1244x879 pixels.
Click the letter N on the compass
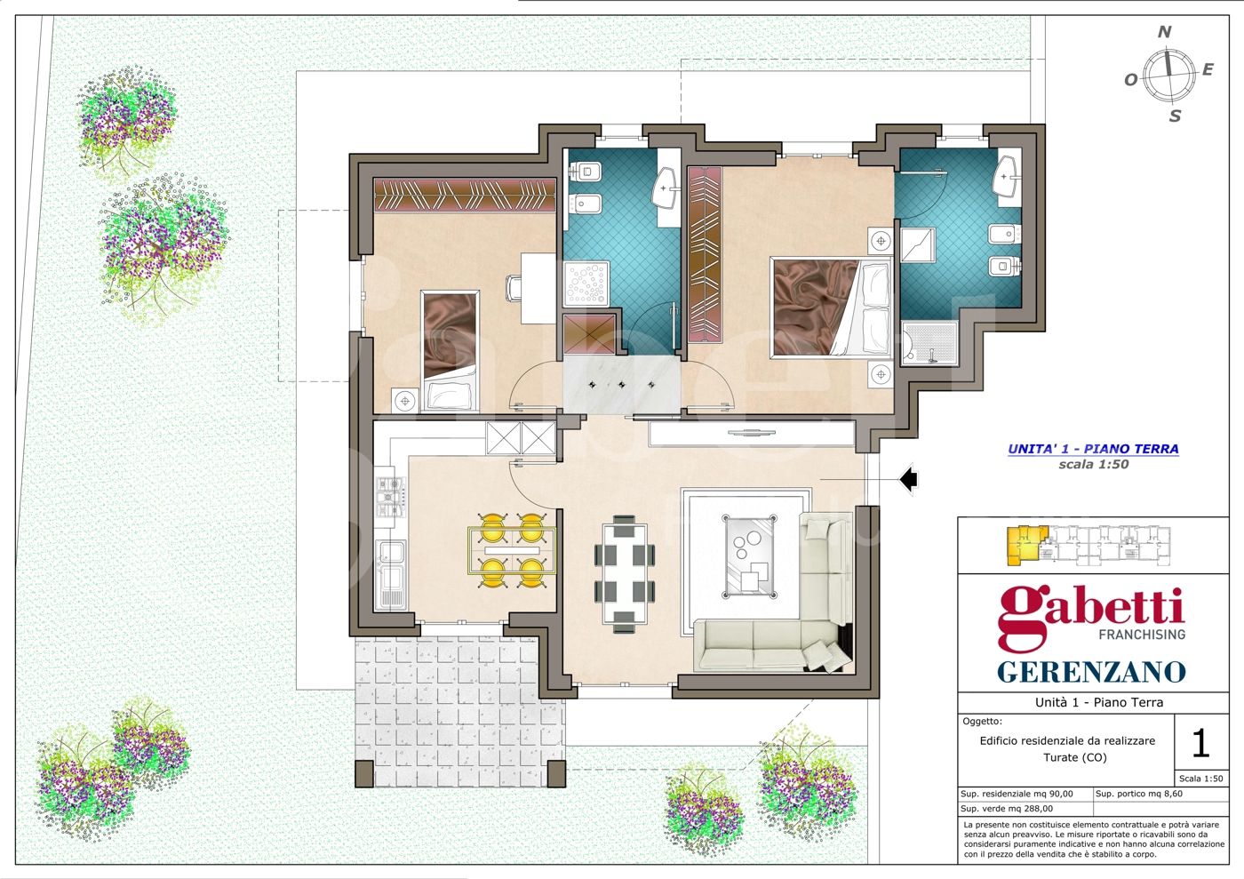pos(1164,32)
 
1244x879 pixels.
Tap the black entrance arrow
pos(908,479)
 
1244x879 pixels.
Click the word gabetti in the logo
pos(1091,614)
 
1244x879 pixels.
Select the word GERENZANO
pos(1092,671)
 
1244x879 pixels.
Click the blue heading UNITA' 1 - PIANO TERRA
pos(1093,449)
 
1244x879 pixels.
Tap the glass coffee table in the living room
pos(749,556)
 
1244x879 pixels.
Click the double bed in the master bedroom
pos(832,308)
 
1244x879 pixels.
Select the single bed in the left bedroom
pos(450,350)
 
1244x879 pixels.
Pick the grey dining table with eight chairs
pos(624,573)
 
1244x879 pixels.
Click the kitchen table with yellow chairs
pos(512,550)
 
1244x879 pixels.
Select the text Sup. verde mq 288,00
pos(1006,809)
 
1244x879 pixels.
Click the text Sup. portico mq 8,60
pos(1138,794)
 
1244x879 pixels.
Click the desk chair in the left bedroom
pos(514,288)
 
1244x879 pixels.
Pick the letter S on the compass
pos(1175,116)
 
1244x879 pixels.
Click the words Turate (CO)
pos(1075,757)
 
